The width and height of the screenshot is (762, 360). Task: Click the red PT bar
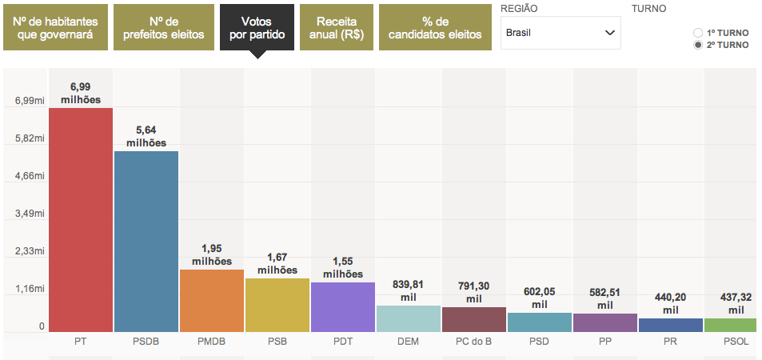tap(81, 220)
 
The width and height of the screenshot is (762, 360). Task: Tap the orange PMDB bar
tap(212, 301)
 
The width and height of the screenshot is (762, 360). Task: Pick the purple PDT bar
tap(343, 307)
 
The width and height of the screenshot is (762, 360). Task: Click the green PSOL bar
tap(730, 325)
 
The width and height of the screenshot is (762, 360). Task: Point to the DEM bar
tap(409, 318)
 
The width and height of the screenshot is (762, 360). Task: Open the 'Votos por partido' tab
tap(257, 27)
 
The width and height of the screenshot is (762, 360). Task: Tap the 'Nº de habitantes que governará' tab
tap(54, 27)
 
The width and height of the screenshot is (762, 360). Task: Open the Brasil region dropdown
tap(561, 33)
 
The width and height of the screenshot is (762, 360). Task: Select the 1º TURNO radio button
tap(698, 33)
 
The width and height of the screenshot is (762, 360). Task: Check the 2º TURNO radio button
tap(698, 45)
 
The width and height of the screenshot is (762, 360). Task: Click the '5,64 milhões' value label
tap(146, 137)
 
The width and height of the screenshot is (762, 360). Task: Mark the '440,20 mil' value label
tap(671, 304)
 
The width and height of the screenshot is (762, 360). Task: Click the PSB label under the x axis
tap(277, 342)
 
